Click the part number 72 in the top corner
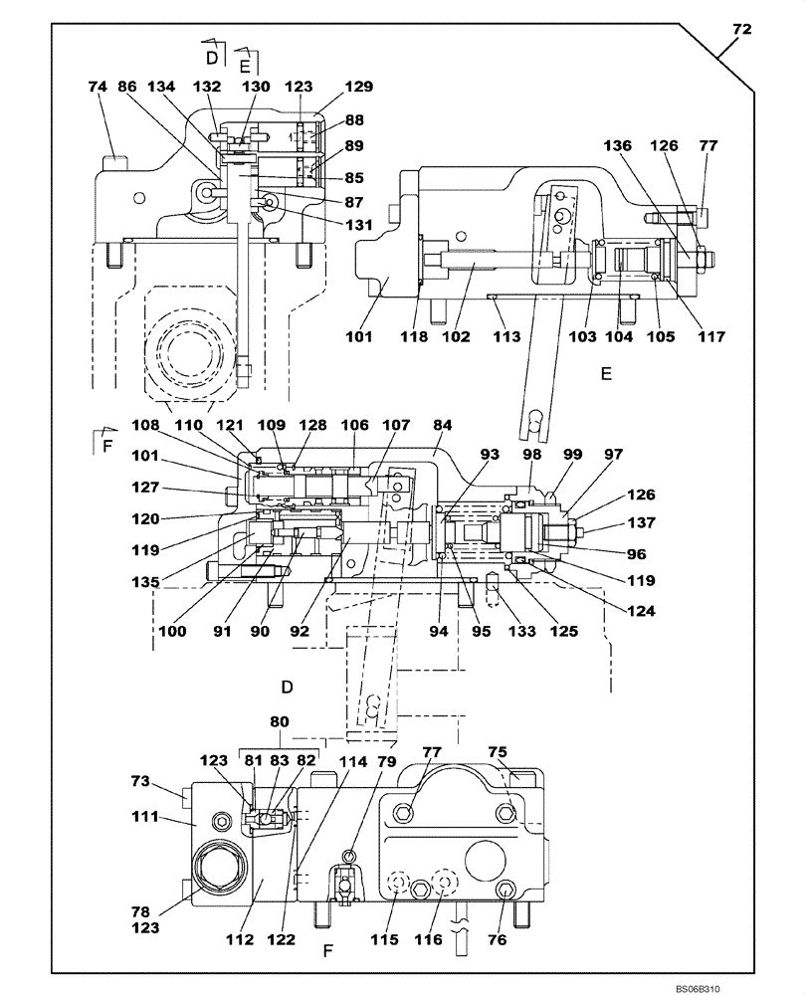(741, 31)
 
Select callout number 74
(97, 87)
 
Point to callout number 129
(332, 87)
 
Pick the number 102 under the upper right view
(456, 337)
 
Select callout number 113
(506, 337)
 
